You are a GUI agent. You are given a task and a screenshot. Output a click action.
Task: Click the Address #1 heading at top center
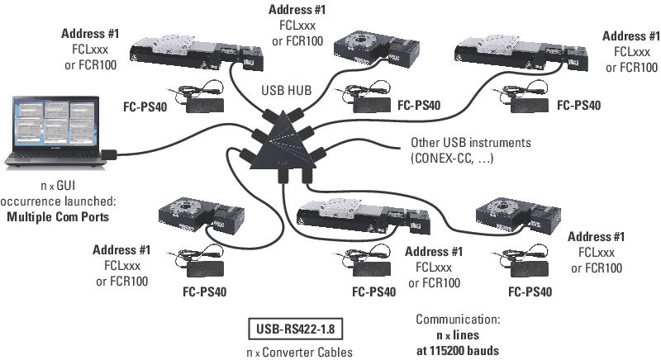[x=298, y=11]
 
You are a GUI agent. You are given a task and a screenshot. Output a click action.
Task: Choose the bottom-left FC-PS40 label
[x=203, y=291]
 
